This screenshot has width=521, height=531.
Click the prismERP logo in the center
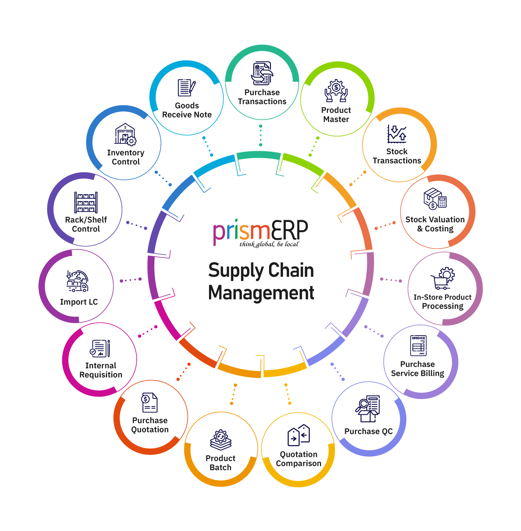(261, 231)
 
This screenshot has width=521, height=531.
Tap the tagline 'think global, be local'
(269, 244)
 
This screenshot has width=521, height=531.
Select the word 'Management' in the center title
(261, 293)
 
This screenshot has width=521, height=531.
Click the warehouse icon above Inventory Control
(125, 134)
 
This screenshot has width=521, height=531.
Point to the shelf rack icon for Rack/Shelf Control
(86, 202)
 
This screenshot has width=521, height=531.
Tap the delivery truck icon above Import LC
(78, 281)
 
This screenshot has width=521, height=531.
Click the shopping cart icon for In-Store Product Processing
(443, 278)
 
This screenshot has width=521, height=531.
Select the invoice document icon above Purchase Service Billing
(418, 346)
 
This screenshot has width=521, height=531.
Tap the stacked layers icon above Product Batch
(221, 440)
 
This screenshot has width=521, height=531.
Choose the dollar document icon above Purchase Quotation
(149, 403)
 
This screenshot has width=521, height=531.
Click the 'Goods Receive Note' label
(187, 110)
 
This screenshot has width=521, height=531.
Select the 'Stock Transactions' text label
(397, 156)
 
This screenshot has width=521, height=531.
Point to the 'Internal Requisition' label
(101, 370)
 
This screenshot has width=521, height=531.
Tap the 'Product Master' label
(336, 115)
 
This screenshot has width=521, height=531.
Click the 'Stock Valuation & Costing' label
(435, 224)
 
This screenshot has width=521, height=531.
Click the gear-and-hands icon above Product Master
(336, 91)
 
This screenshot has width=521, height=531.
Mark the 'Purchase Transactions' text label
(262, 97)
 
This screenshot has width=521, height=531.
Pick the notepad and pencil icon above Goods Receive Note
(187, 88)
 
